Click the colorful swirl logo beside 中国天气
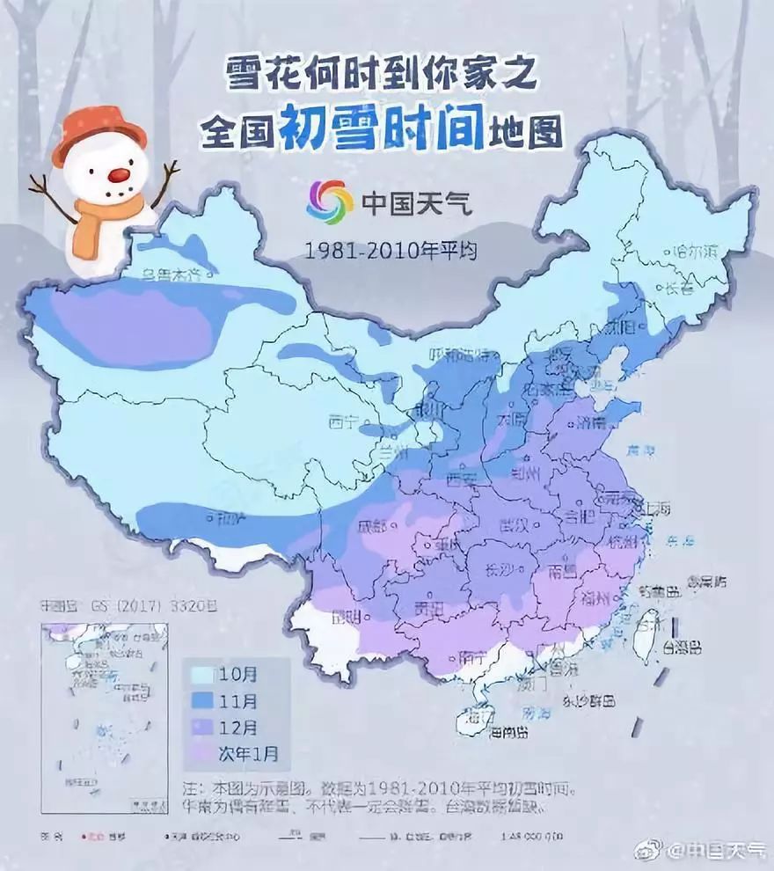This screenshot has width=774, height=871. [x=329, y=202]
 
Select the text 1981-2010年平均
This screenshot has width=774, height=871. [x=391, y=251]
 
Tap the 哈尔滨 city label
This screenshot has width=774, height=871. [x=695, y=251]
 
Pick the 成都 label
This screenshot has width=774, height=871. [x=372, y=527]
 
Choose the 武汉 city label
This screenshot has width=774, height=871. [x=513, y=525]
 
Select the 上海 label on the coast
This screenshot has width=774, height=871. [x=657, y=509]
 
